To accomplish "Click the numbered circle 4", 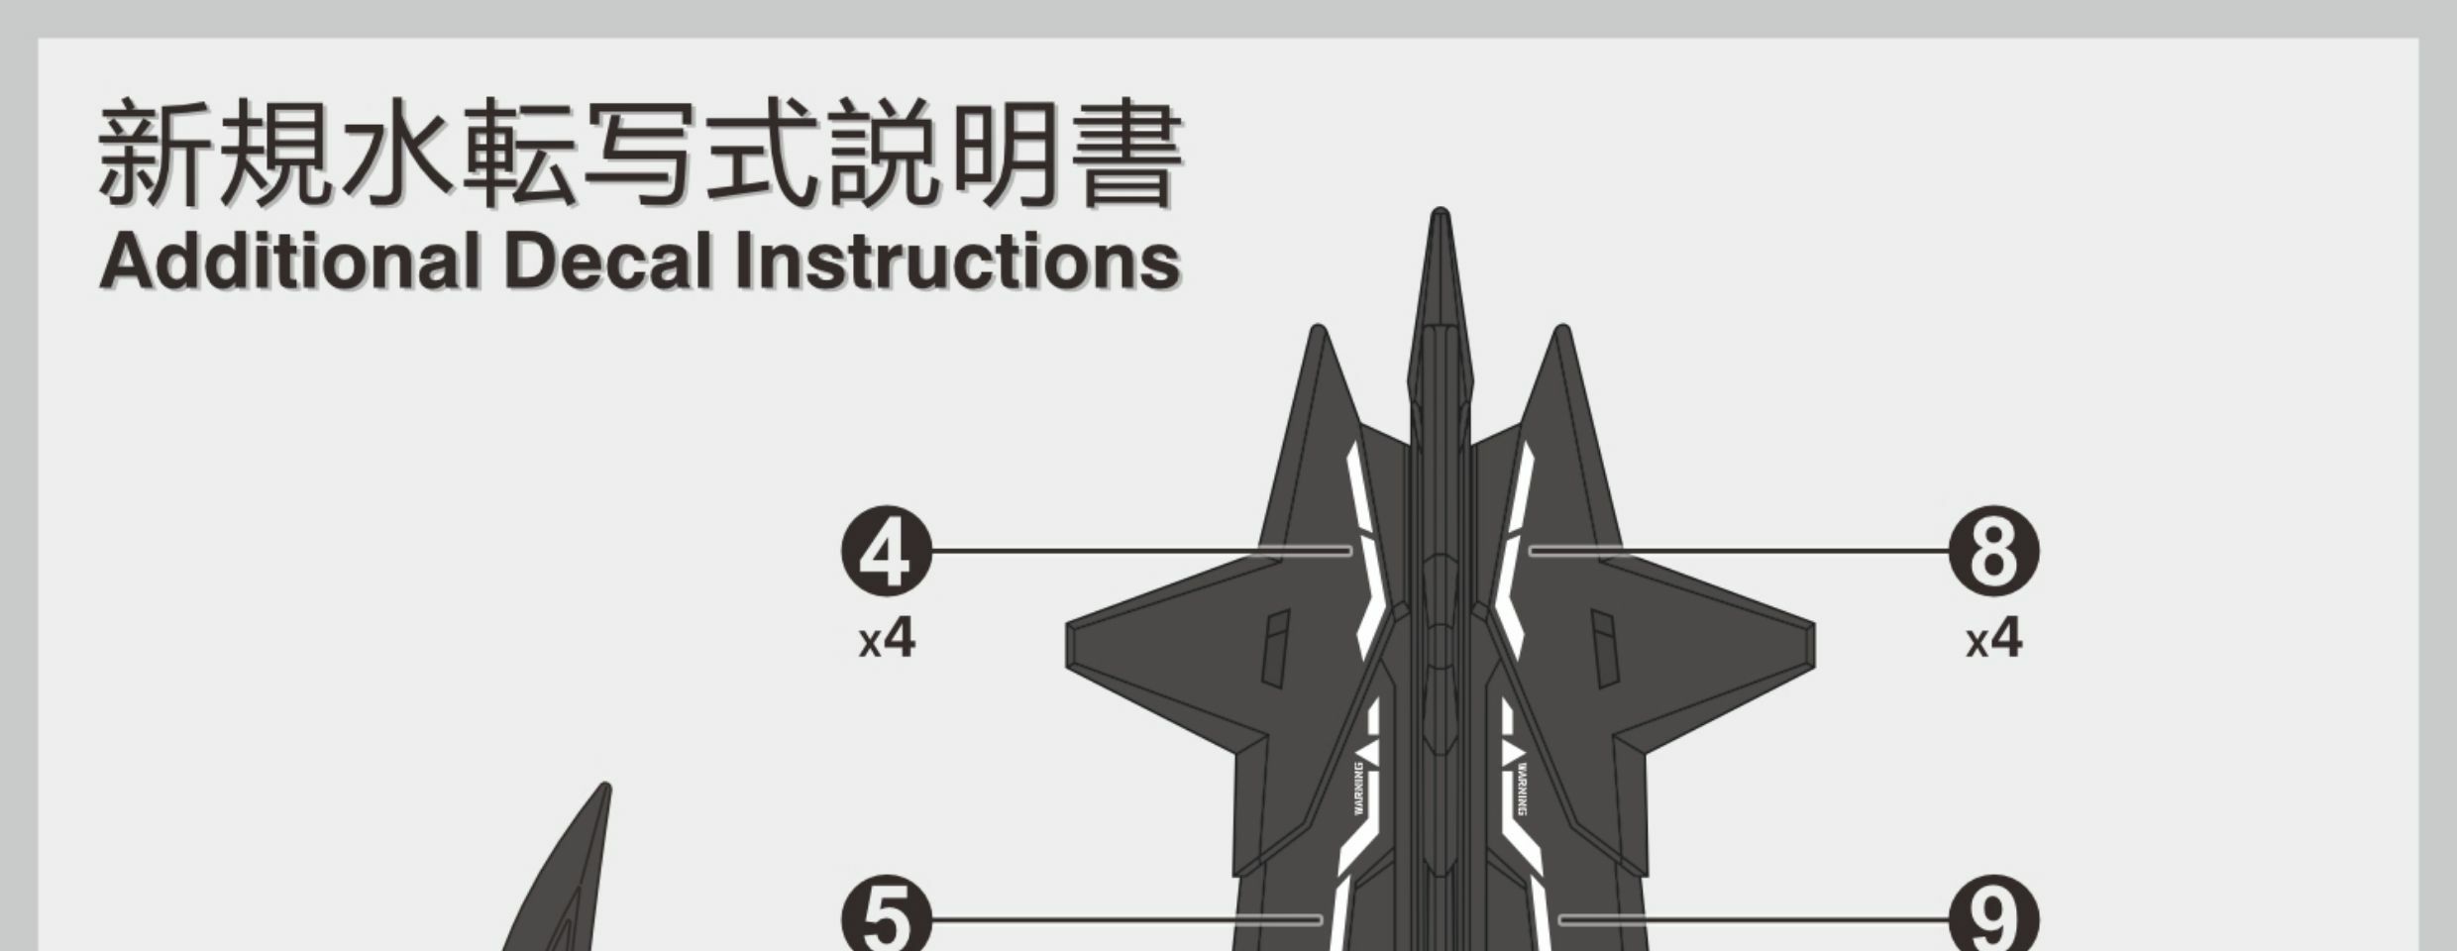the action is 886,551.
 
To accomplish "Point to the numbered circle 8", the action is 1993,551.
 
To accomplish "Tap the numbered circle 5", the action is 886,919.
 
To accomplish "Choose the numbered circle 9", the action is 1993,919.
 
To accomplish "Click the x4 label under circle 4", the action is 887,640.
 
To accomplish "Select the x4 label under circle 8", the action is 1993,640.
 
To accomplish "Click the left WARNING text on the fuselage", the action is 1359,789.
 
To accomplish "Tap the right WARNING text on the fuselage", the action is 1522,789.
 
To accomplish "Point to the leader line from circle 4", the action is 1139,550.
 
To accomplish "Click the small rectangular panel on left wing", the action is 1277,649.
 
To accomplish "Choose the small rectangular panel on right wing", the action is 1604,649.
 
